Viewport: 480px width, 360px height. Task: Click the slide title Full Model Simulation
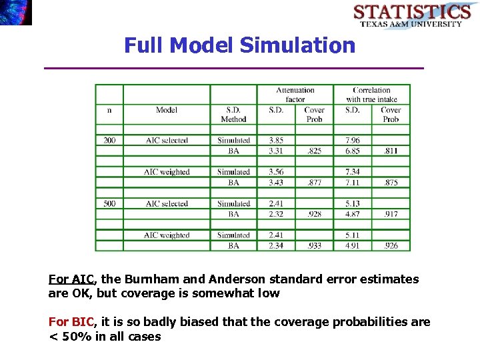point(240,45)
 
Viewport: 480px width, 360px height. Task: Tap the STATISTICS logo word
point(411,12)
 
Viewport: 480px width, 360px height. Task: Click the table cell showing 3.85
point(276,141)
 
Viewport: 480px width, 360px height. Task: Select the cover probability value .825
point(314,151)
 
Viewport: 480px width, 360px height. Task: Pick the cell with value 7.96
point(353,141)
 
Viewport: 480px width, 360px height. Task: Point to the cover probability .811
point(391,151)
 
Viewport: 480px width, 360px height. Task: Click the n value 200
point(109,141)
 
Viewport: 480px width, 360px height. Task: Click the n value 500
point(109,204)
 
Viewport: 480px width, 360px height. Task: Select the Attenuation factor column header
point(295,95)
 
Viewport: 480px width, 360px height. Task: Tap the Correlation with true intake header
point(371,95)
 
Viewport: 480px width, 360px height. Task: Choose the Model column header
point(167,110)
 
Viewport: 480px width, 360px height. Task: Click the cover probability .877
point(314,183)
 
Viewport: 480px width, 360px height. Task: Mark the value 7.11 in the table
point(353,183)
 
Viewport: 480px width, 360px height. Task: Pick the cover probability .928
point(314,214)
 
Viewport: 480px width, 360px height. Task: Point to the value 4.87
point(353,214)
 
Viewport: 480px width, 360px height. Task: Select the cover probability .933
point(314,246)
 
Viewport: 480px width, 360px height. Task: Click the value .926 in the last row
point(391,246)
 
